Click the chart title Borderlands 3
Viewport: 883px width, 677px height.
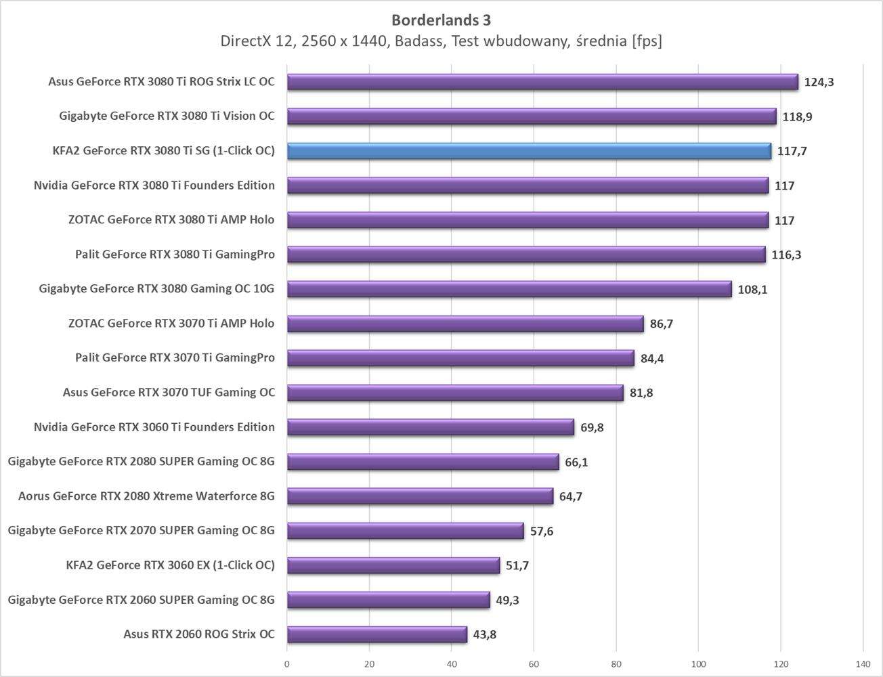point(441,20)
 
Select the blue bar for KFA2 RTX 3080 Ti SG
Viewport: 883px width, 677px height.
point(528,151)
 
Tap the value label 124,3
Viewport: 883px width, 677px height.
point(819,82)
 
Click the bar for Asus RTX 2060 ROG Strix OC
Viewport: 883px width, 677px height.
point(376,634)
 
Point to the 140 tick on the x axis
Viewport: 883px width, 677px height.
point(863,664)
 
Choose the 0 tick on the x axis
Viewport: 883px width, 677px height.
point(287,664)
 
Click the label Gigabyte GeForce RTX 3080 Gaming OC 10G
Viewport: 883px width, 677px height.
point(156,289)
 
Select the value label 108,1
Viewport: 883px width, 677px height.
point(752,290)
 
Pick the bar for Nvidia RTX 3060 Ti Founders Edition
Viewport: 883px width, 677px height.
point(431,427)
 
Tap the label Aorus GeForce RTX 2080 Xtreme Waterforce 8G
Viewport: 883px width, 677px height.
point(146,496)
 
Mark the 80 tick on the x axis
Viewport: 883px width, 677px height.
point(616,664)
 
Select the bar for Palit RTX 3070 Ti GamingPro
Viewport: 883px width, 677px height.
point(460,358)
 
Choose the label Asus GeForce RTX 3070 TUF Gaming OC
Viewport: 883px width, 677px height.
point(169,393)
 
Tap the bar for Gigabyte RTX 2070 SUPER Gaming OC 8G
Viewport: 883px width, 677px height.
point(405,531)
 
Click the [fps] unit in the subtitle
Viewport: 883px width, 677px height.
point(646,42)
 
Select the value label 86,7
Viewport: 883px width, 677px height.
point(662,324)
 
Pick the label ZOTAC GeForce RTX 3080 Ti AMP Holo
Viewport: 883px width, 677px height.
point(171,220)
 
